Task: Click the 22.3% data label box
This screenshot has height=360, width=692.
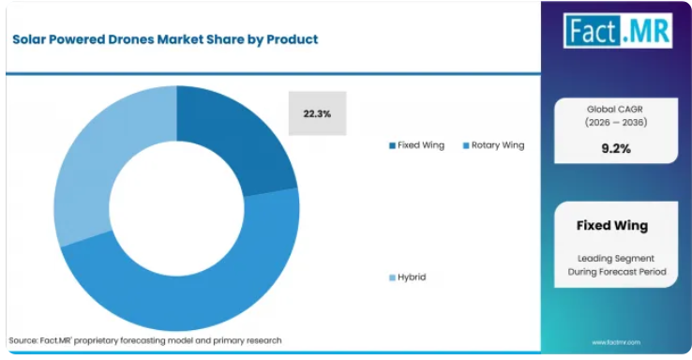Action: [317, 113]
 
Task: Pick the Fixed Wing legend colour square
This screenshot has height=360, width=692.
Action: [392, 145]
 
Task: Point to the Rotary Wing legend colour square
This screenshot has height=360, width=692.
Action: [466, 145]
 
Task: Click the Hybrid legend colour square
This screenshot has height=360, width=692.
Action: [392, 277]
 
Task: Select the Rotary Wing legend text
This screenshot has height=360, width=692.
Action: [498, 145]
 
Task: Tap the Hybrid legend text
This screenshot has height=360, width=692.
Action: [412, 277]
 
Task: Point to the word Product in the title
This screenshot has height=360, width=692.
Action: [293, 39]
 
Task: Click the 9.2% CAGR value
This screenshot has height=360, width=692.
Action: [616, 149]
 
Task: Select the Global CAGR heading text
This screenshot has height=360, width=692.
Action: [615, 109]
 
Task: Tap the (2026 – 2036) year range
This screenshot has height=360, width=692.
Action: [616, 122]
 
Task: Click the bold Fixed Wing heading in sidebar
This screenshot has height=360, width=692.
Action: [612, 225]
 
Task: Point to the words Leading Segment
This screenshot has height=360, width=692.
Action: [616, 258]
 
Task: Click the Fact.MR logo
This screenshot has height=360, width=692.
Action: [618, 30]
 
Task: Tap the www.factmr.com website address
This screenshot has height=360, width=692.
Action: [616, 342]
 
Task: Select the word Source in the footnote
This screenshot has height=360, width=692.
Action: [23, 340]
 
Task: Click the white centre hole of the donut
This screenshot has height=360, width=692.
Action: [176, 208]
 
